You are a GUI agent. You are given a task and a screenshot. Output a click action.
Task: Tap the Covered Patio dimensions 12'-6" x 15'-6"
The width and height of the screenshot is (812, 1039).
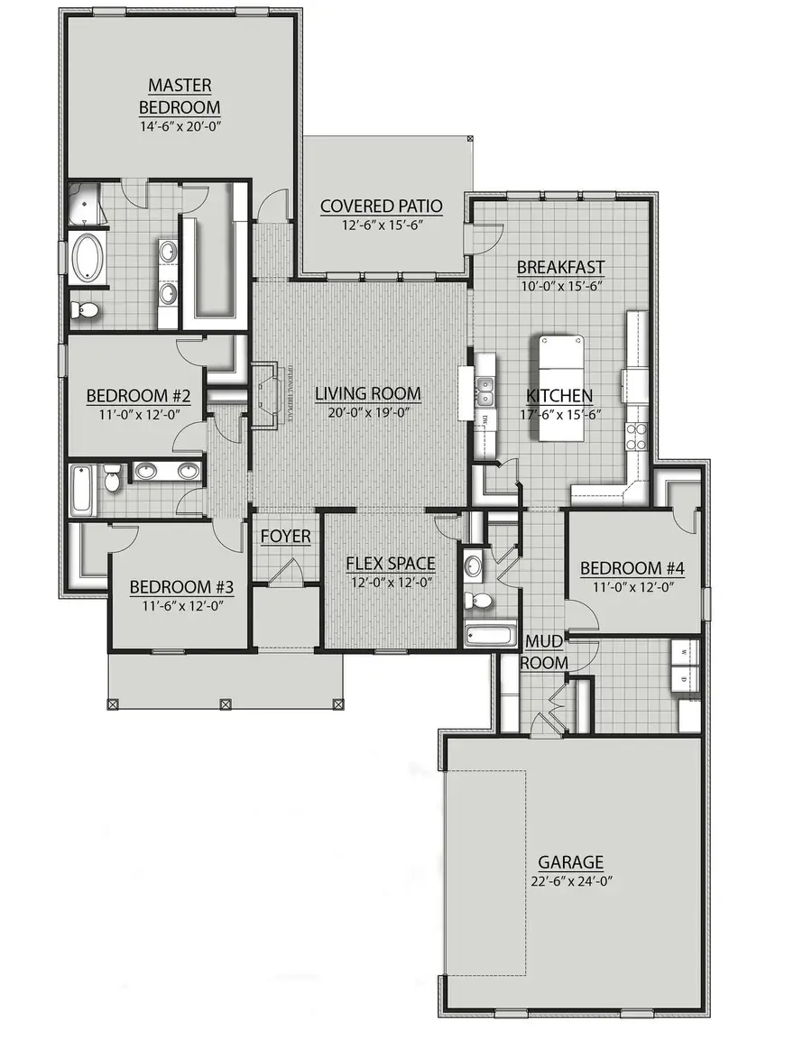(x=381, y=225)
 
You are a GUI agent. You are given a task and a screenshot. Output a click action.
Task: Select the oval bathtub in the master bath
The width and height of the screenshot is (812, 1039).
(x=88, y=255)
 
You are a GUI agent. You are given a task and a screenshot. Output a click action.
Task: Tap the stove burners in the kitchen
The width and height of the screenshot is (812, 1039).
(x=637, y=436)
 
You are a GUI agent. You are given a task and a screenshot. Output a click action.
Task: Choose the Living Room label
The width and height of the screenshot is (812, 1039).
(x=367, y=393)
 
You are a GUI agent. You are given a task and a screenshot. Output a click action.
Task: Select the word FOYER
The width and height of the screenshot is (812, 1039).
(x=285, y=537)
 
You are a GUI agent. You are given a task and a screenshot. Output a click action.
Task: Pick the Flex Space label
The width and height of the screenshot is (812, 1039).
(x=391, y=564)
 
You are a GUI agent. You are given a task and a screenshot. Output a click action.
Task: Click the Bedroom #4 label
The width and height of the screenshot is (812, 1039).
(x=632, y=568)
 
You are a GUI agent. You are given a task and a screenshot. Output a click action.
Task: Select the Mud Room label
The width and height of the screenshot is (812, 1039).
(x=546, y=652)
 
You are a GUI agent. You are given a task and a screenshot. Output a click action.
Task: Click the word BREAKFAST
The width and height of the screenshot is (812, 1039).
(x=560, y=267)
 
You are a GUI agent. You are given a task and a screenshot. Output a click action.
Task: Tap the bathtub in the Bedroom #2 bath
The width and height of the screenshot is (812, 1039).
(x=81, y=489)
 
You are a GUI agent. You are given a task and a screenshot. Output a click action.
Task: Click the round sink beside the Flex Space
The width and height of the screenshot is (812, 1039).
(x=475, y=566)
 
